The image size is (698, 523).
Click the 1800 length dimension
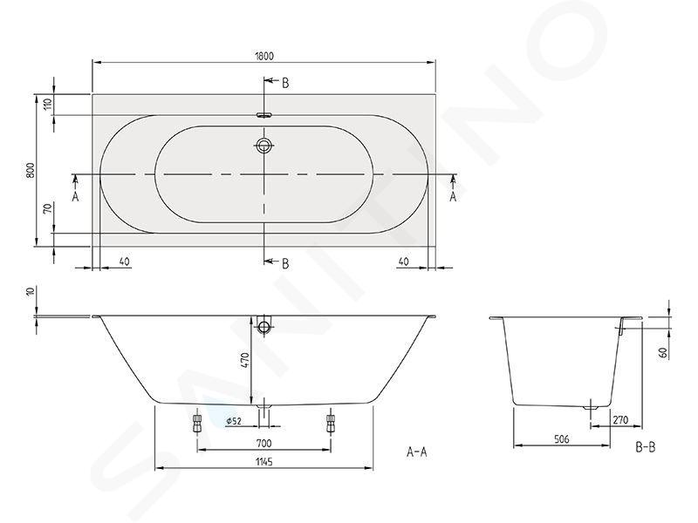(x=264, y=56)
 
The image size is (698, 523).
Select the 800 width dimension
(x=31, y=170)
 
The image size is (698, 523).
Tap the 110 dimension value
(x=49, y=104)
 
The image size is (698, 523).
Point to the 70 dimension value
(x=49, y=207)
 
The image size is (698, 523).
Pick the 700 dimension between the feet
(x=263, y=443)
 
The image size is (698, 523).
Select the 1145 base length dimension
(x=264, y=462)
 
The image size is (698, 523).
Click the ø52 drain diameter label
(x=233, y=421)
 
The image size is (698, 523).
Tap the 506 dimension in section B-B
(x=562, y=439)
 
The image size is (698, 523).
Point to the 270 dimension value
(x=620, y=420)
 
